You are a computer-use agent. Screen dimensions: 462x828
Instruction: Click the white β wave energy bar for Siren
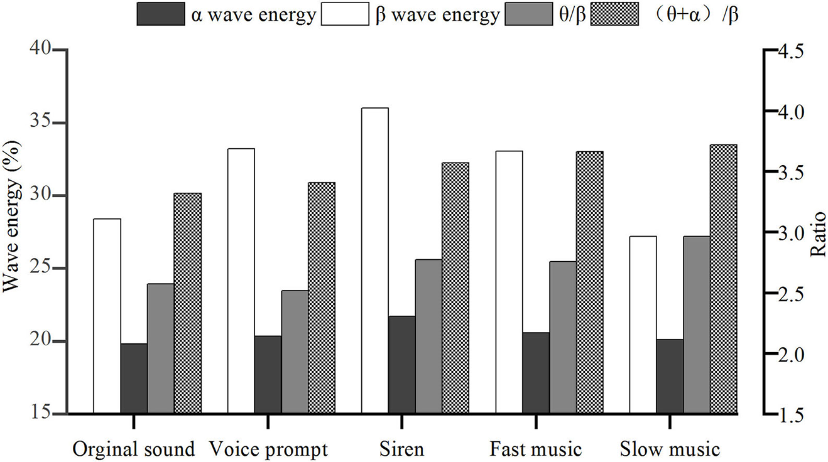tap(374, 261)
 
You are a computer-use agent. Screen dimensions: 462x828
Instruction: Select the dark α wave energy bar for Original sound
tap(134, 379)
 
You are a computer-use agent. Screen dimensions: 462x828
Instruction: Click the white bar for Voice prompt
tap(241, 281)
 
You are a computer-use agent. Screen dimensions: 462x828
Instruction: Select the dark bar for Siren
tap(401, 365)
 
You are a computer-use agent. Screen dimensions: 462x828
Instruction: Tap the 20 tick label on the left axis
tap(41, 341)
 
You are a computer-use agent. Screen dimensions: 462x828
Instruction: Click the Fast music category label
tap(536, 449)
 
